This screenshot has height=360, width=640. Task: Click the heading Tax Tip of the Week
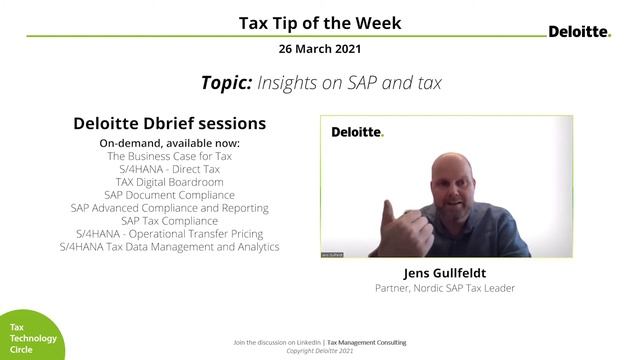(320, 23)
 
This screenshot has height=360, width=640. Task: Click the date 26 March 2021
(320, 48)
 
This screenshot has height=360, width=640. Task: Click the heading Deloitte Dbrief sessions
(169, 124)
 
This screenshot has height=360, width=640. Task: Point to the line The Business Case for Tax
(169, 157)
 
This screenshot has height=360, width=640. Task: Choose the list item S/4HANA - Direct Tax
(169, 170)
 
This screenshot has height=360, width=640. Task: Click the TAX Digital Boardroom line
(169, 183)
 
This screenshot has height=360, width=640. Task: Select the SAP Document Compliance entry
(169, 195)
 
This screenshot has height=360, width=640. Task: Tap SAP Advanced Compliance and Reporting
(169, 208)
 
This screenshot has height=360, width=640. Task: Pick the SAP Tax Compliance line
(169, 221)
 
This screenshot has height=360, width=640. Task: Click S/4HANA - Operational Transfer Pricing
(169, 233)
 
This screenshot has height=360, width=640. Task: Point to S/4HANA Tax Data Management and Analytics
(169, 246)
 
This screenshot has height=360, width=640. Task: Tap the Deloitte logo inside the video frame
(357, 131)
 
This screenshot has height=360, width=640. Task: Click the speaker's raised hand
(406, 220)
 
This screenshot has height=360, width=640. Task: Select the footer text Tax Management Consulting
(367, 343)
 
